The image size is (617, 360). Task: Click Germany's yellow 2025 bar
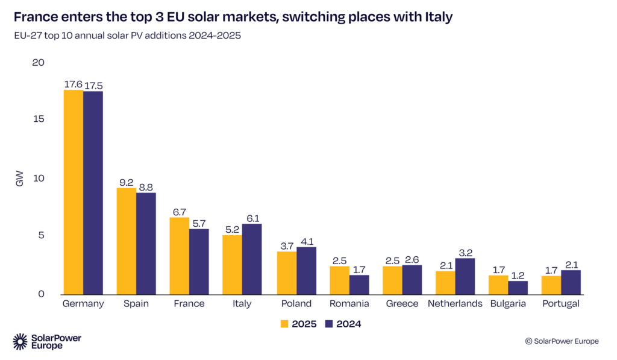pyautogui.click(x=74, y=192)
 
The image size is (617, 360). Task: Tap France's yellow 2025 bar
pyautogui.click(x=180, y=256)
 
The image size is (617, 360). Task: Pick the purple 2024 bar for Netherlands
pyautogui.click(x=464, y=277)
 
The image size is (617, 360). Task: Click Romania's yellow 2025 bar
pyautogui.click(x=339, y=280)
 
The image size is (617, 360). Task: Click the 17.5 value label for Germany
pyautogui.click(x=93, y=84)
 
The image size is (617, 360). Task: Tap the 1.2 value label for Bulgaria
pyautogui.click(x=518, y=274)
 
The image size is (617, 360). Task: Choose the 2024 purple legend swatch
pyautogui.click(x=329, y=324)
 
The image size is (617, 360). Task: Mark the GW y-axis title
pyautogui.click(x=20, y=178)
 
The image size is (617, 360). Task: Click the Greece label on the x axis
pyautogui.click(x=402, y=304)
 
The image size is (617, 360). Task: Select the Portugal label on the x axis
pyautogui.click(x=560, y=304)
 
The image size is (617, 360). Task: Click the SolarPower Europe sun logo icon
pyautogui.click(x=20, y=341)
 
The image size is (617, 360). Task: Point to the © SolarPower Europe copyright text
pyautogui.click(x=562, y=341)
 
